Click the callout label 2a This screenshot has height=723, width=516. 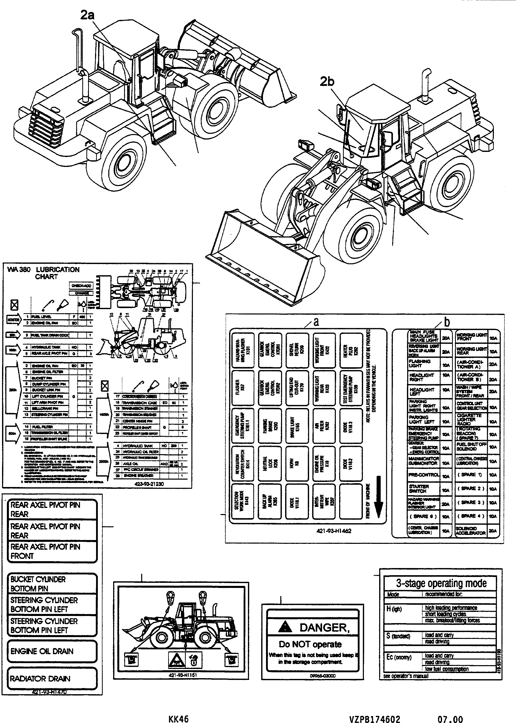[87, 15]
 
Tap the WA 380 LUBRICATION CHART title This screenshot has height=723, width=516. [44, 273]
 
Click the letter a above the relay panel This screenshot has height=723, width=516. [316, 322]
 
